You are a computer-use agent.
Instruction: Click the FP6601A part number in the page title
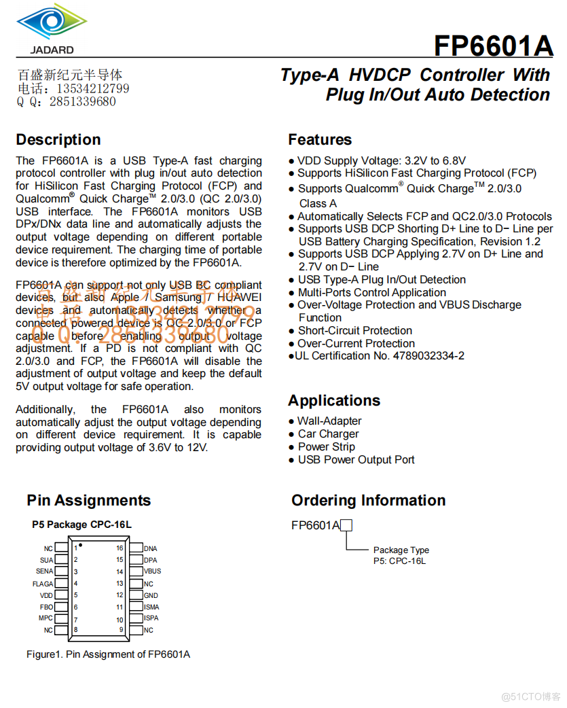pyautogui.click(x=493, y=46)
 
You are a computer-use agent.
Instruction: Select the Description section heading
pyautogui.click(x=58, y=140)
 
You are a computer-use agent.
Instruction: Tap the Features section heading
pyautogui.click(x=320, y=140)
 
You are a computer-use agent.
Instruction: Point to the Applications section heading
pyautogui.click(x=334, y=400)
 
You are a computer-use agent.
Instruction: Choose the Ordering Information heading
pyautogui.click(x=368, y=501)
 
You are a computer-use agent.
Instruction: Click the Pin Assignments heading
pyautogui.click(x=89, y=501)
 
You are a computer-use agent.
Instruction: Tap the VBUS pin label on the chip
pyautogui.click(x=152, y=571)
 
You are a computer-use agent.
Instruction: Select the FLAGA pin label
pyautogui.click(x=43, y=584)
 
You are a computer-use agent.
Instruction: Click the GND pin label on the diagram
pyautogui.click(x=151, y=595)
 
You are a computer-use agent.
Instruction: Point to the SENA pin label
pyautogui.click(x=44, y=571)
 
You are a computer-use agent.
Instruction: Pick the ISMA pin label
pyautogui.click(x=151, y=607)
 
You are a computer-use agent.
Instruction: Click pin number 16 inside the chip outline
pyautogui.click(x=120, y=548)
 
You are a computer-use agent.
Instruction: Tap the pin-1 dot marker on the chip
pyautogui.click(x=81, y=545)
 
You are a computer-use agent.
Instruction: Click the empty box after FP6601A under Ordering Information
pyautogui.click(x=346, y=525)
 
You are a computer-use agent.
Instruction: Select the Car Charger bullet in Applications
pyautogui.click(x=329, y=434)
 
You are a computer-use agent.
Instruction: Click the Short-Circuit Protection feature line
pyautogui.click(x=355, y=331)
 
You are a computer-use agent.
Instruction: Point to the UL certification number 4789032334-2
pyautogui.click(x=428, y=356)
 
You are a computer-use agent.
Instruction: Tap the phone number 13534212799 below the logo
pyautogui.click(x=92, y=89)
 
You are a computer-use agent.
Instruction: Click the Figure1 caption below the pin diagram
pyautogui.click(x=108, y=654)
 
